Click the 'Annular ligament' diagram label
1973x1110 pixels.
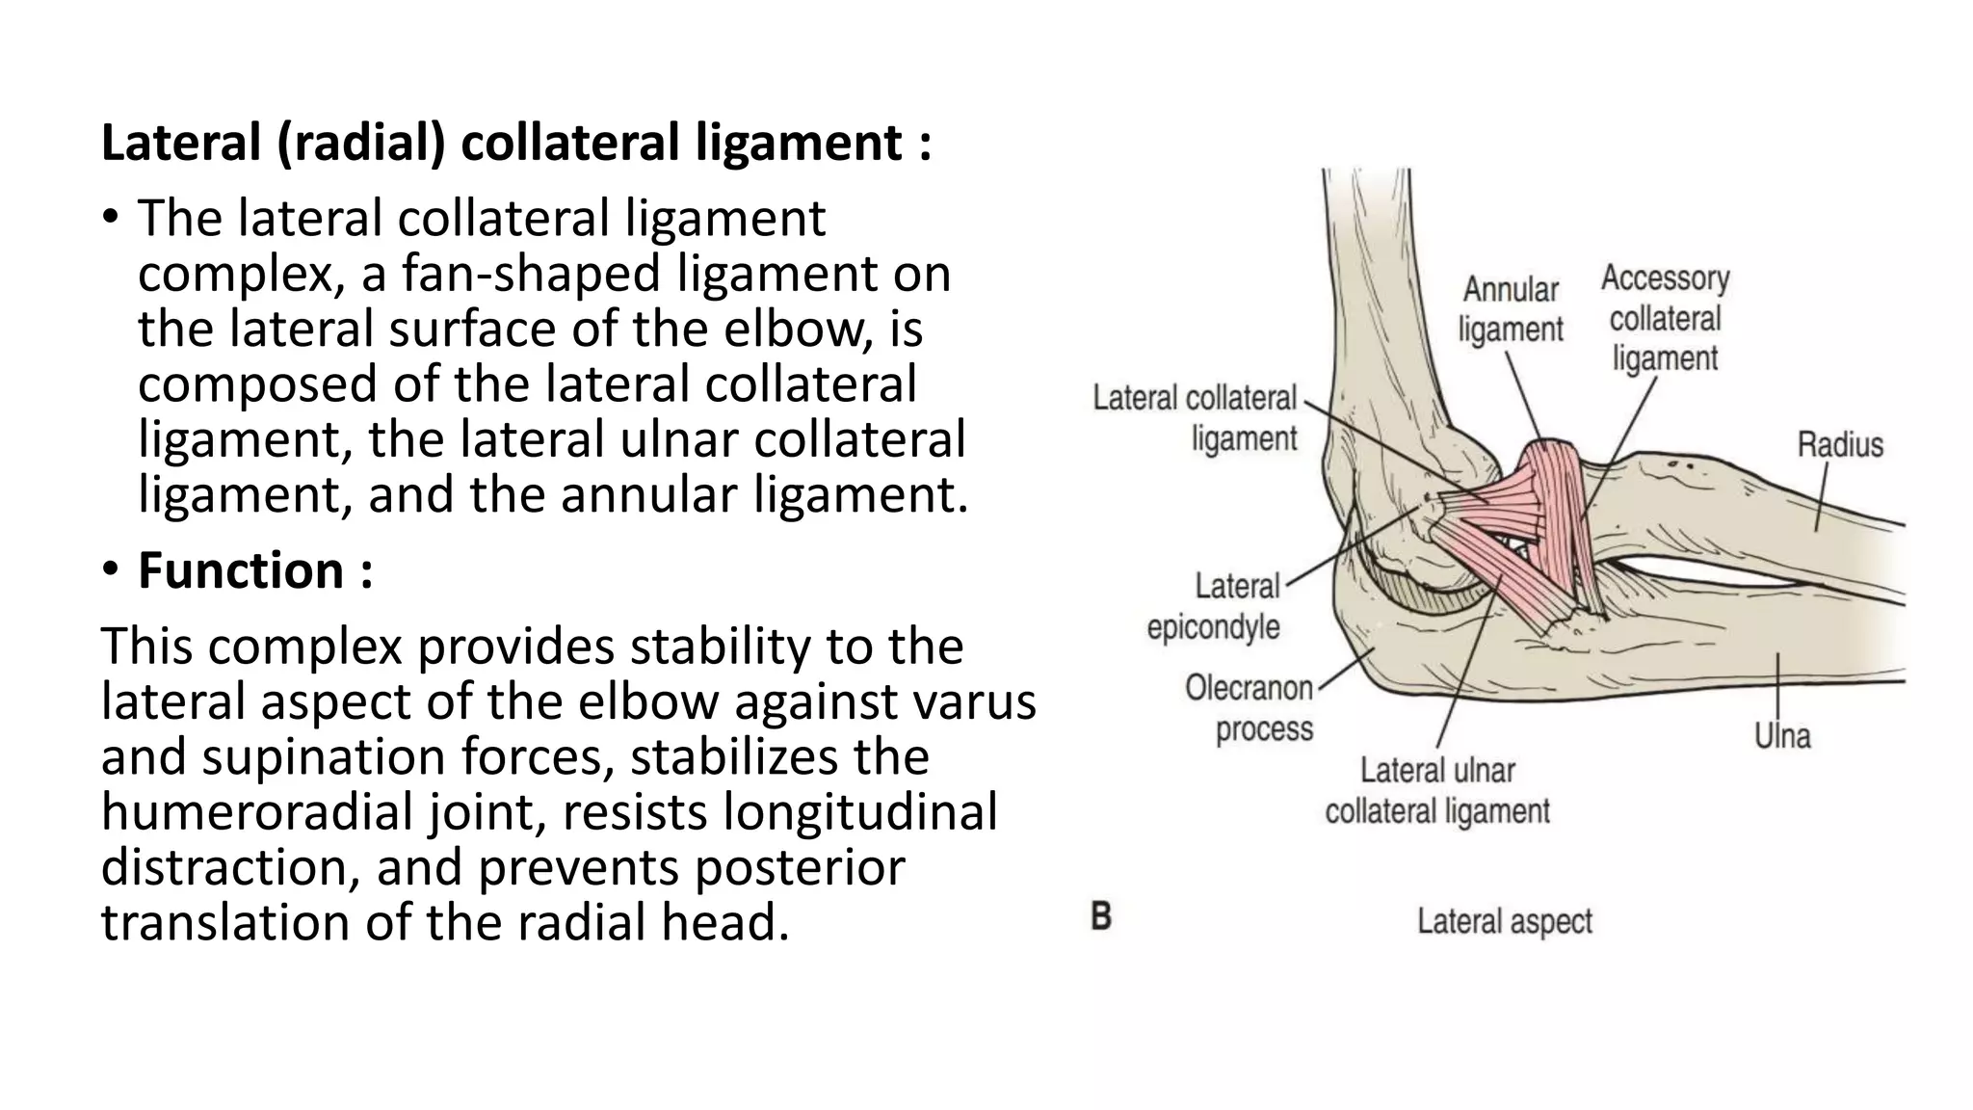point(1510,309)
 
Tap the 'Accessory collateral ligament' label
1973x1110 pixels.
point(1665,318)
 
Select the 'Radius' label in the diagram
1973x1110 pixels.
point(1839,445)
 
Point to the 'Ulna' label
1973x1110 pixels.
point(1782,736)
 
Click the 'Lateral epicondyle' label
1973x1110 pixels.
point(1214,606)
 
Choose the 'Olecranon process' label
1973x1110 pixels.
point(1250,708)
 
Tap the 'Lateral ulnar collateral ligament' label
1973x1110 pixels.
point(1437,791)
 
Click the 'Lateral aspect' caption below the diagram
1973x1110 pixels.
point(1504,921)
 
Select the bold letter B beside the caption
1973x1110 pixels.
point(1100,916)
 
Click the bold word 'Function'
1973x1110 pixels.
point(241,569)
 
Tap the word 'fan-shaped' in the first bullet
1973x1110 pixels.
point(529,273)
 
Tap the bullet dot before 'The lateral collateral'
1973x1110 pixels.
point(112,217)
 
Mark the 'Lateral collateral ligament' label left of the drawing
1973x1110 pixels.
point(1195,418)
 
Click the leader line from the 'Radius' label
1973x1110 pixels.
point(1822,496)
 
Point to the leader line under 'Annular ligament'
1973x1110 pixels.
point(1524,395)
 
